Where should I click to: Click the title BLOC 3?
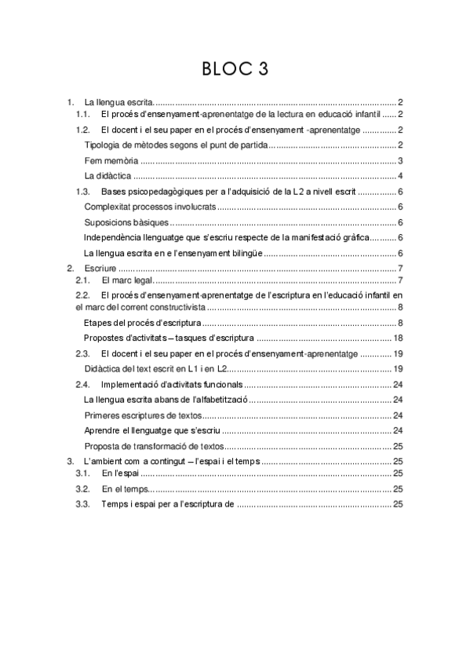235,70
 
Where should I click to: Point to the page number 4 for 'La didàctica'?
400,175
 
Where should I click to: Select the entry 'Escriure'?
100,269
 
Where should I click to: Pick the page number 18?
398,338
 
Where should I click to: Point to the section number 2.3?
82,354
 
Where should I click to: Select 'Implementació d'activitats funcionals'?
171,384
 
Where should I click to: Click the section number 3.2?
82,489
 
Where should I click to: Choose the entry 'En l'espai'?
117,474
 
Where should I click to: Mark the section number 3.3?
82,503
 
